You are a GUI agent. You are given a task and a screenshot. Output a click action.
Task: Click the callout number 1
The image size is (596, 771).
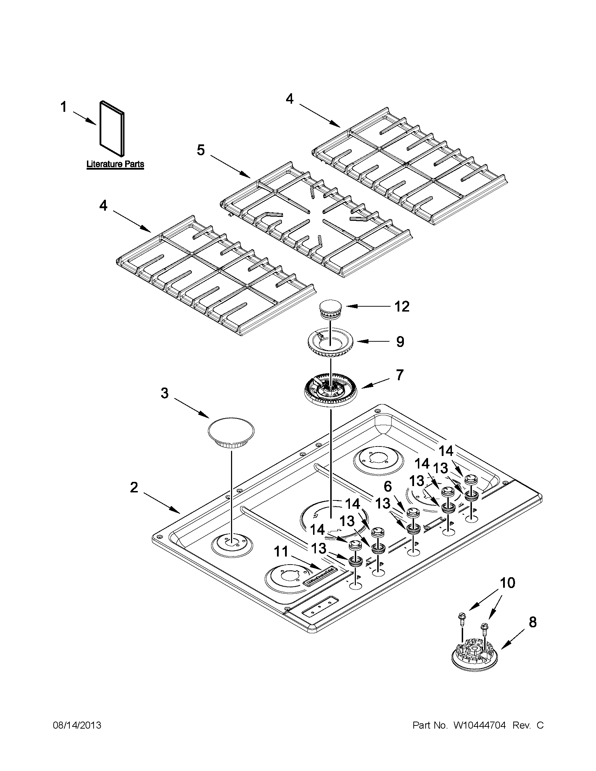point(63,107)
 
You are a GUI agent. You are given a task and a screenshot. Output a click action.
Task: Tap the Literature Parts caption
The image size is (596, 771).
point(115,164)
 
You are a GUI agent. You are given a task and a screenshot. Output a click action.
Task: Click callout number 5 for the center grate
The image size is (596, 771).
point(201,150)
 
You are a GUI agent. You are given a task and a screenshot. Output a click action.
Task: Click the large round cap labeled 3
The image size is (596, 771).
point(231,434)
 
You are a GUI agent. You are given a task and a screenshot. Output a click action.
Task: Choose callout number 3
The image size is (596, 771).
point(165,393)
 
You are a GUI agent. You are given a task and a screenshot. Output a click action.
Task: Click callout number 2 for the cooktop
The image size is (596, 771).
point(134,488)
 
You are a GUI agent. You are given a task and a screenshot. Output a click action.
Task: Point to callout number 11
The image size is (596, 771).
point(282,551)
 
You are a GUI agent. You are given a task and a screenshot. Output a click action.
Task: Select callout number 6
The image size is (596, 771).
point(388,487)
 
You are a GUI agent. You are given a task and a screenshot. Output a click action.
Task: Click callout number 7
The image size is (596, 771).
point(399,375)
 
